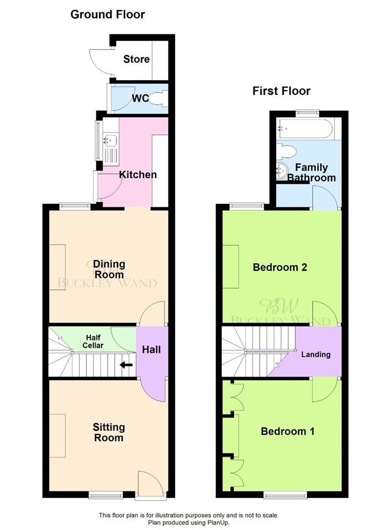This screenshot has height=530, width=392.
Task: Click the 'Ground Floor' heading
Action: pos(108,14)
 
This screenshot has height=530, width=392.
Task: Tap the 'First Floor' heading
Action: pos(281,91)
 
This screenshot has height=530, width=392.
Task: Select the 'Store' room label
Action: pos(136,59)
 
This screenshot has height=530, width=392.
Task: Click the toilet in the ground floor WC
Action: pos(158,99)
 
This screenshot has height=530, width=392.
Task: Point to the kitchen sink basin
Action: pos(110,140)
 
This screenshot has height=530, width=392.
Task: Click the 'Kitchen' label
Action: pos(138,175)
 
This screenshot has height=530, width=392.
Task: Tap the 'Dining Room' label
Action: pos(109,269)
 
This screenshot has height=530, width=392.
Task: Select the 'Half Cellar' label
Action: pos(93,341)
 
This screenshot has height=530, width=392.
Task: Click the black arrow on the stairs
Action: pos(126,365)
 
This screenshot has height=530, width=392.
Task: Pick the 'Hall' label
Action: pos(151,349)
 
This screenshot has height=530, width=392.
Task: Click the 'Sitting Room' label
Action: pos(109,432)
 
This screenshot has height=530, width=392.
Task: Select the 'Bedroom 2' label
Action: pos(280,267)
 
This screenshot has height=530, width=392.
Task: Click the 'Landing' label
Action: pos(316,354)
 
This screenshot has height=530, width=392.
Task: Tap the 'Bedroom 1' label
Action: pos(288,431)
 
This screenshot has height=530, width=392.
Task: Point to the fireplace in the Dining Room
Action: pos(57,267)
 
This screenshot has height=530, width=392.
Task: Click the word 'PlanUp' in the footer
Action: pos(218,522)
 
